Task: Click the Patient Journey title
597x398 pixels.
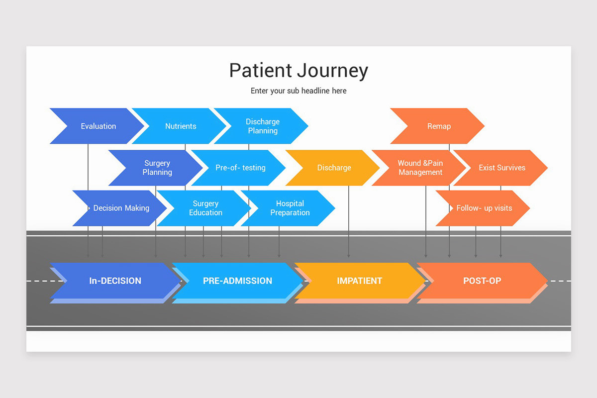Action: tap(298, 70)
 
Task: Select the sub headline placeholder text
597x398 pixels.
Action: tap(298, 91)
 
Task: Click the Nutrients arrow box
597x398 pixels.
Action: tap(180, 126)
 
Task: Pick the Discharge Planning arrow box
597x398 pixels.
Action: tap(262, 126)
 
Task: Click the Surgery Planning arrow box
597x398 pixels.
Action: tap(157, 168)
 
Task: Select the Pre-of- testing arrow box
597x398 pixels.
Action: tap(240, 168)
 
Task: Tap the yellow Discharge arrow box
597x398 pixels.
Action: tap(334, 168)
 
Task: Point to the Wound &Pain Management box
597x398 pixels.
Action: tap(420, 168)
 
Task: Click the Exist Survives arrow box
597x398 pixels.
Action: tap(501, 168)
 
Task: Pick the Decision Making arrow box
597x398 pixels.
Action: tap(121, 208)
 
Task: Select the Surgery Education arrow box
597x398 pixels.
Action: tap(205, 208)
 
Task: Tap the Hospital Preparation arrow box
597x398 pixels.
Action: tap(290, 208)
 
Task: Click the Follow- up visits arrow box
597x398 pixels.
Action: tap(484, 208)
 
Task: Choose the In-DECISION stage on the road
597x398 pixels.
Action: tap(115, 281)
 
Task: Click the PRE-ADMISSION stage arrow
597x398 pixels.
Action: tap(237, 281)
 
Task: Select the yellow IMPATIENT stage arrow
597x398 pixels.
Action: tap(359, 281)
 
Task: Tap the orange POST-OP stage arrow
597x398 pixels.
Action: tap(482, 281)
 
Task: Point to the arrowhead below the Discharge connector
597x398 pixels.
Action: tap(348, 256)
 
